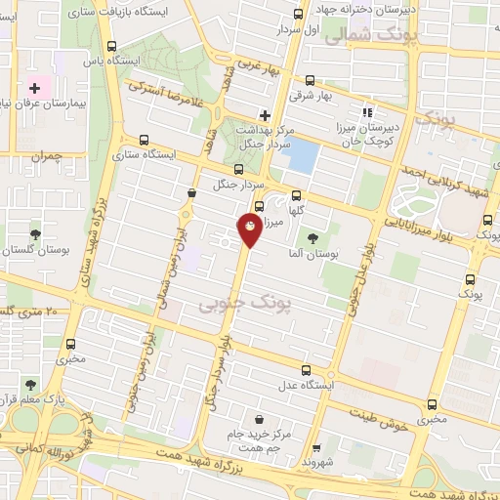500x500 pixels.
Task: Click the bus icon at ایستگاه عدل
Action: pos(307,370)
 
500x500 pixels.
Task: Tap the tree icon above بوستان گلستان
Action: pos(35,234)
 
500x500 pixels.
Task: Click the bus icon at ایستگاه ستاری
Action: pos(145,140)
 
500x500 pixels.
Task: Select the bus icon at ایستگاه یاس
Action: pos(112,45)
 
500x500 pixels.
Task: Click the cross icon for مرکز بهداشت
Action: pos(265,115)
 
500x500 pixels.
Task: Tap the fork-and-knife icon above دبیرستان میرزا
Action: pos(368,110)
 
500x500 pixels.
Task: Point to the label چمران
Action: pos(45,155)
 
